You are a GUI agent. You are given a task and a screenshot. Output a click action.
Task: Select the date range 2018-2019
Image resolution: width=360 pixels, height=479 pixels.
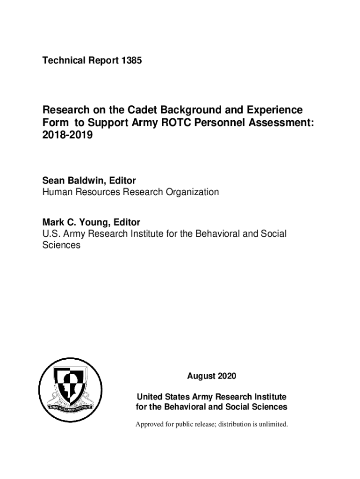point(68,136)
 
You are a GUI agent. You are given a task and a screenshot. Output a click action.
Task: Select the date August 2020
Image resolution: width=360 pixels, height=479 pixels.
point(211,376)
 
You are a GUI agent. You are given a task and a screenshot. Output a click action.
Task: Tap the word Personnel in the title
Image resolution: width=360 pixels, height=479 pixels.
point(226,123)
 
